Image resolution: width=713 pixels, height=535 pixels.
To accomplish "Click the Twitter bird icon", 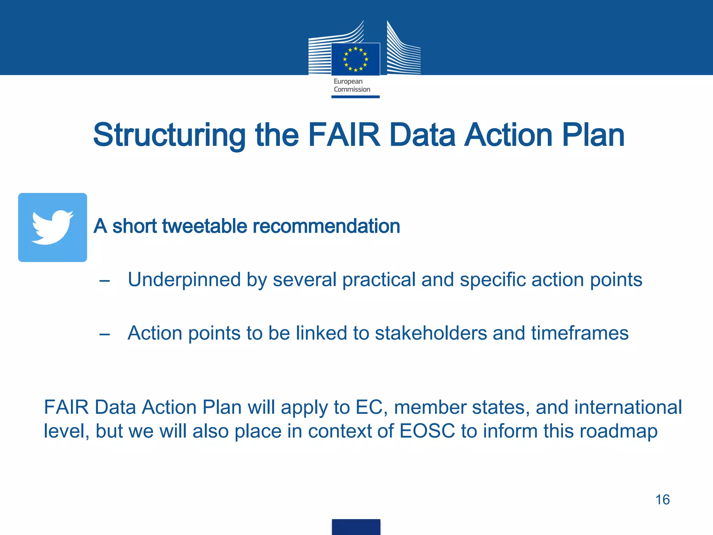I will (53, 227).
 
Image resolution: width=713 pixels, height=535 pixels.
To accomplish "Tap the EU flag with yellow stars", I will (355, 59).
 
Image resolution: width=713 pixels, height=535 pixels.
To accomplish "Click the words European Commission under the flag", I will (352, 85).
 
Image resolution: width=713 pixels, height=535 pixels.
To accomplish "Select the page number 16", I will (662, 500).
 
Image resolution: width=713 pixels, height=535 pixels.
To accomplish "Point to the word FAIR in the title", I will (344, 135).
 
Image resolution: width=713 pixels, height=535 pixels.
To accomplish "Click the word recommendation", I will (326, 226).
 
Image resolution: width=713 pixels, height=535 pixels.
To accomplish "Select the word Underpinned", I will (184, 280).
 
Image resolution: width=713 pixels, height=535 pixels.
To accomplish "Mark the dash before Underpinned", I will (104, 281).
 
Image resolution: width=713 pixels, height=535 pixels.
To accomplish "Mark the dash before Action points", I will (104, 334).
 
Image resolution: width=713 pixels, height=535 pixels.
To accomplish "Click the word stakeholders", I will (431, 333).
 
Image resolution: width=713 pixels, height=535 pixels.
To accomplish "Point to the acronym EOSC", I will (427, 431).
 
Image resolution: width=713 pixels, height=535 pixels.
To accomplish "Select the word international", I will (628, 407).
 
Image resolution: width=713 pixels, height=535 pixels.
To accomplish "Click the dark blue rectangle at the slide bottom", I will (356, 527).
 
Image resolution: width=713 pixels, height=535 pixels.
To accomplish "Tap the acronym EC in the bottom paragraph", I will (371, 407).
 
